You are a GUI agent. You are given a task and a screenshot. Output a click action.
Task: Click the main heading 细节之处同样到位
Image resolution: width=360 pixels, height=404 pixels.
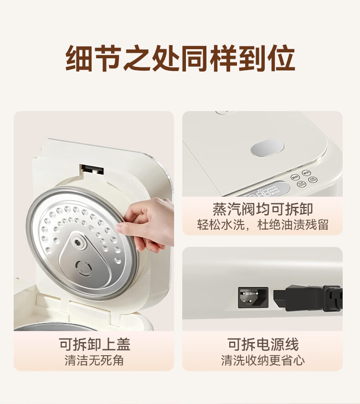point(180,58)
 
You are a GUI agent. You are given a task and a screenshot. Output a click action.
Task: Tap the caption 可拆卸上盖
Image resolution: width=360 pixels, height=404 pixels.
point(95,344)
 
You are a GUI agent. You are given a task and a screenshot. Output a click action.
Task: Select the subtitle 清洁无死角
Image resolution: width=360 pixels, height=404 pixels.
point(94,360)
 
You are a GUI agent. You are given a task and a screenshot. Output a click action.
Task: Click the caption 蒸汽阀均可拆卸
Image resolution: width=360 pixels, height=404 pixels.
point(262,209)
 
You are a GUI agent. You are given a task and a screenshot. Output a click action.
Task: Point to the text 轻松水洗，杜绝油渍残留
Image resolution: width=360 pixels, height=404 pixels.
point(262,225)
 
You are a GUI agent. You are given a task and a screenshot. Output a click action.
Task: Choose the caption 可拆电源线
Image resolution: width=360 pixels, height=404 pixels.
point(263,344)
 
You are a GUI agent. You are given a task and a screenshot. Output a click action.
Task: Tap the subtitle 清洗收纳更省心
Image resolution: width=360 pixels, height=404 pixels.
point(263,360)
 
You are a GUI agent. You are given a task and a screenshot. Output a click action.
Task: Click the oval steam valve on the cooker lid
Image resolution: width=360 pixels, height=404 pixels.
point(267,148)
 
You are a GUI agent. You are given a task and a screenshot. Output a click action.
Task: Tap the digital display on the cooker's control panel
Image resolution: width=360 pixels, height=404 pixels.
point(264,190)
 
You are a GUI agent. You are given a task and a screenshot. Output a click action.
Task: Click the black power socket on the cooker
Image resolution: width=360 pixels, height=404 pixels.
point(253,297)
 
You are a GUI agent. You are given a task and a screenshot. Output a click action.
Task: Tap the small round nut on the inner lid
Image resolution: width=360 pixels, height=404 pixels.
point(77,242)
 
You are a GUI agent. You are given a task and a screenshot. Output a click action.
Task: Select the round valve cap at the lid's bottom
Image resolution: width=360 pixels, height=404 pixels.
point(83,268)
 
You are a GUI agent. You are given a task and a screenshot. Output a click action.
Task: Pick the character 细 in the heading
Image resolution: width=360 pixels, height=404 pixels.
point(79,58)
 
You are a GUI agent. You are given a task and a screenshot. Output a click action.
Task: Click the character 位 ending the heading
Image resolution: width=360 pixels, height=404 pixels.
point(281,58)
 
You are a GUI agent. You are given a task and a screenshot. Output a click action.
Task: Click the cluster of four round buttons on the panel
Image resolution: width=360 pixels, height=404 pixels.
point(303,178)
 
